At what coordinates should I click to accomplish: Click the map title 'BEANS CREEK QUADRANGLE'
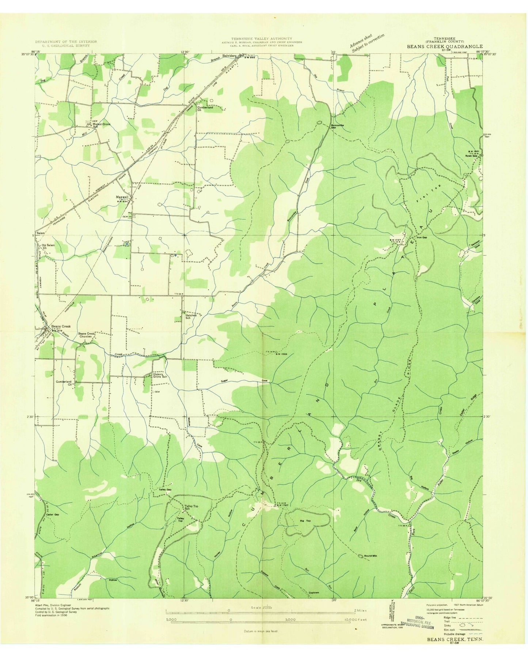point(445,47)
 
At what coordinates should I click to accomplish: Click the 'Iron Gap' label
point(422,237)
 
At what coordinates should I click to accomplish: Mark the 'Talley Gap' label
point(165,489)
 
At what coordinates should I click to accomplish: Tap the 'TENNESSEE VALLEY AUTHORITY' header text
point(261,38)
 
